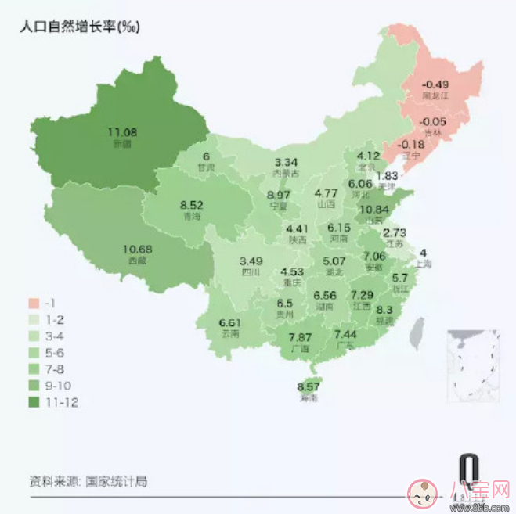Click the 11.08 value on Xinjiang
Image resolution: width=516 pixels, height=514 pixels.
tap(122, 132)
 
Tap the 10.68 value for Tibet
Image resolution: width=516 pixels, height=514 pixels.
tap(136, 250)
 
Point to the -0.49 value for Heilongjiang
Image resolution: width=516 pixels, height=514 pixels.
tap(435, 84)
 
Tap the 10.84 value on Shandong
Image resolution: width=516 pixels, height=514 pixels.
tap(373, 210)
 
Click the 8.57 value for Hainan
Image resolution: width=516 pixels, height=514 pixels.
tap(309, 387)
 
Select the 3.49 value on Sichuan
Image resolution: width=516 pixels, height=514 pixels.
tap(251, 261)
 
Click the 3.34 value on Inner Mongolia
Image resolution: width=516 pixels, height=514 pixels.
tap(287, 161)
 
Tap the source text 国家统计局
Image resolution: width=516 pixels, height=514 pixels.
tap(116, 481)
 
